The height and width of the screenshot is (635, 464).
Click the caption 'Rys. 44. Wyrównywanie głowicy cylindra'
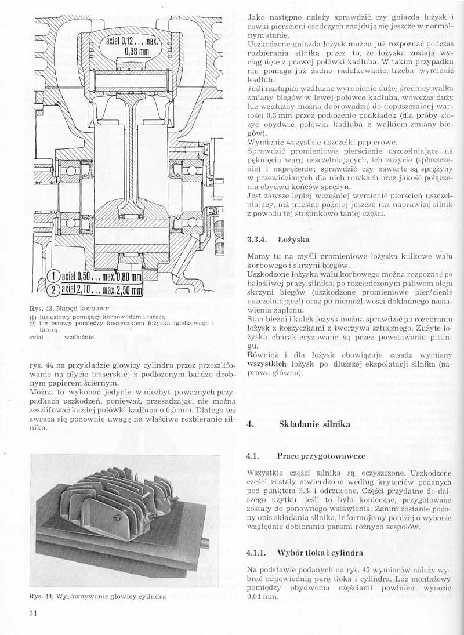[x=97, y=596]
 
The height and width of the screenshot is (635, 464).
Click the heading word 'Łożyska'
[x=294, y=239]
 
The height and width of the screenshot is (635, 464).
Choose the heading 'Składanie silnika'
[x=314, y=424]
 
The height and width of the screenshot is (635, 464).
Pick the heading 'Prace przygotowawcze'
[x=321, y=456]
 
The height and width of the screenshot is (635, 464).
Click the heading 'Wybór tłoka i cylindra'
[x=320, y=552]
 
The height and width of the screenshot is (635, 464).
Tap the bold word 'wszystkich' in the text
[x=267, y=364]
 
